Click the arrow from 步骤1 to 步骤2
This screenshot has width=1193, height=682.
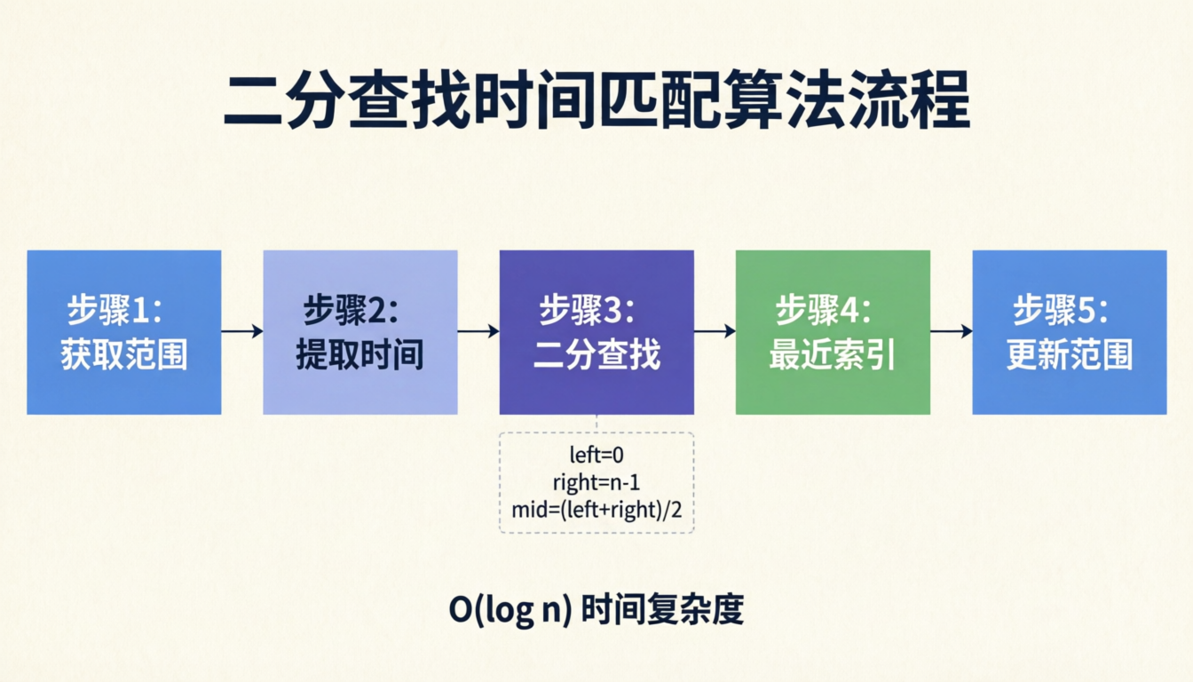(x=242, y=331)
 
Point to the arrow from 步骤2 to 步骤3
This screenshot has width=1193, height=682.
(x=478, y=331)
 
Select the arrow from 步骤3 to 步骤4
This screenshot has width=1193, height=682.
(x=715, y=331)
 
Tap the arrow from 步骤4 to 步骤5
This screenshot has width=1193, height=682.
(x=951, y=331)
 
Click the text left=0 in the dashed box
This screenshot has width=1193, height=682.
(x=596, y=456)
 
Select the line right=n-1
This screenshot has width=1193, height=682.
(x=596, y=483)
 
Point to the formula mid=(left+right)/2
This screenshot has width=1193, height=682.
(x=596, y=510)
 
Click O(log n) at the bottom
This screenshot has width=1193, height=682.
(x=510, y=611)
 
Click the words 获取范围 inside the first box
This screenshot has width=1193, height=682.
(x=123, y=355)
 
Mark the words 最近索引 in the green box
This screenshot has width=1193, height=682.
(x=833, y=355)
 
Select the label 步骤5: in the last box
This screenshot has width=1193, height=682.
(x=1060, y=311)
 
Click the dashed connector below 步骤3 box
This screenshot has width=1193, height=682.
(x=596, y=424)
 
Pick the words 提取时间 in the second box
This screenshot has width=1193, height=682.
(x=359, y=355)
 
